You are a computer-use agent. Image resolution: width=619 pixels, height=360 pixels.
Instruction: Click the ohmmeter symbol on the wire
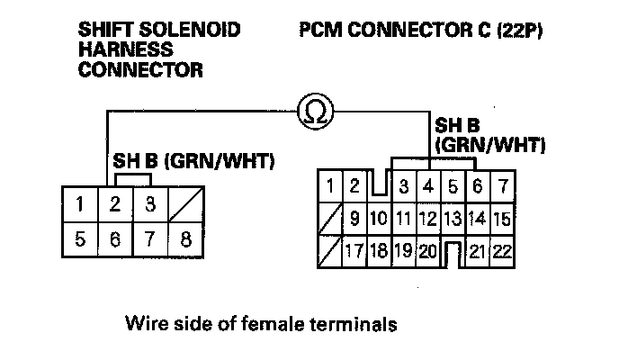(x=316, y=112)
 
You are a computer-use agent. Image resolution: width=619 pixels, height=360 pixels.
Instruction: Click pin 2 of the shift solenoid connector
(x=115, y=202)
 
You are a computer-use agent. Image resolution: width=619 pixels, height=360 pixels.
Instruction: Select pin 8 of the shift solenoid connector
(x=186, y=240)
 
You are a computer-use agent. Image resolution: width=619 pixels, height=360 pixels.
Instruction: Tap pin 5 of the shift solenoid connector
(x=80, y=240)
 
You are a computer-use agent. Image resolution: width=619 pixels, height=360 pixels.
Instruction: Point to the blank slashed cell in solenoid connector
(x=186, y=202)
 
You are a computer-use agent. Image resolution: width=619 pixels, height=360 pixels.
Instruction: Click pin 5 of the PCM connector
(x=453, y=187)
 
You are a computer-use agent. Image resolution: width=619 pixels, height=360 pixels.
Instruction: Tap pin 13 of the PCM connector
(x=453, y=218)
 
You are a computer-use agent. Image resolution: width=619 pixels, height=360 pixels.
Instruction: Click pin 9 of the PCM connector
(x=354, y=218)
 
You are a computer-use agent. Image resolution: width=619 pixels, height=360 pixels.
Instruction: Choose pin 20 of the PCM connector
(x=427, y=249)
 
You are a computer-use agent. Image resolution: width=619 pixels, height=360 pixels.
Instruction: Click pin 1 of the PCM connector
(x=330, y=187)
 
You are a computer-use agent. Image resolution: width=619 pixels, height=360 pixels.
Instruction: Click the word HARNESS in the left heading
(x=120, y=49)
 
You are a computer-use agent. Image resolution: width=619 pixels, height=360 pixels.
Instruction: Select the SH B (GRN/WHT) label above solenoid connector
(x=193, y=161)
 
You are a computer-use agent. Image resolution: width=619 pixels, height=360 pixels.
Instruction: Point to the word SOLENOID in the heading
(x=195, y=31)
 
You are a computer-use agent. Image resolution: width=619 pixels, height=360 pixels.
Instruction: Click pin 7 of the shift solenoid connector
(x=150, y=240)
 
